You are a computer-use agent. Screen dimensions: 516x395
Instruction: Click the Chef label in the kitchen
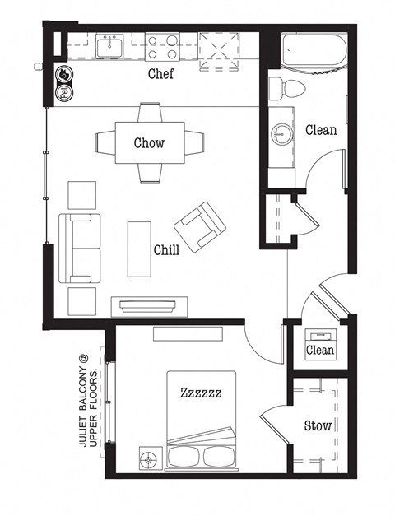tap(160, 74)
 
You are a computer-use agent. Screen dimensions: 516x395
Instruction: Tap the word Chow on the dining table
tap(149, 142)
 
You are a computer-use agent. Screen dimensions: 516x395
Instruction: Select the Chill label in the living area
tap(167, 249)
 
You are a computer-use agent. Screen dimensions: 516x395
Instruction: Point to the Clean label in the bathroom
tap(321, 130)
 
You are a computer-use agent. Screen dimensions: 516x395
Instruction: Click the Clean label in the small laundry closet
tap(320, 350)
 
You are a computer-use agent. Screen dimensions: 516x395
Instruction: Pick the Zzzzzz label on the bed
tap(201, 393)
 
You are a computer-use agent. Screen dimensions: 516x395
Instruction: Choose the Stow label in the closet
tap(318, 426)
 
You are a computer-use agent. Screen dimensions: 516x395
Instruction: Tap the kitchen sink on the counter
tap(110, 48)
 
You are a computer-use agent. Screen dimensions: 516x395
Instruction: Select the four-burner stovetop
tap(163, 47)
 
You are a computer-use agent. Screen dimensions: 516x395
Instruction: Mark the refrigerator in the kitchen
tap(218, 47)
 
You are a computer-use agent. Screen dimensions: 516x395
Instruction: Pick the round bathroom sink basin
tap(285, 132)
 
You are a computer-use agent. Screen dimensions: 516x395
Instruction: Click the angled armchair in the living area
tap(198, 225)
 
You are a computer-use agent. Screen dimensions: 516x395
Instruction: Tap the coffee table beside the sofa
tap(139, 248)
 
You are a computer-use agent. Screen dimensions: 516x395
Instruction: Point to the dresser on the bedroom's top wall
tap(187, 333)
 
